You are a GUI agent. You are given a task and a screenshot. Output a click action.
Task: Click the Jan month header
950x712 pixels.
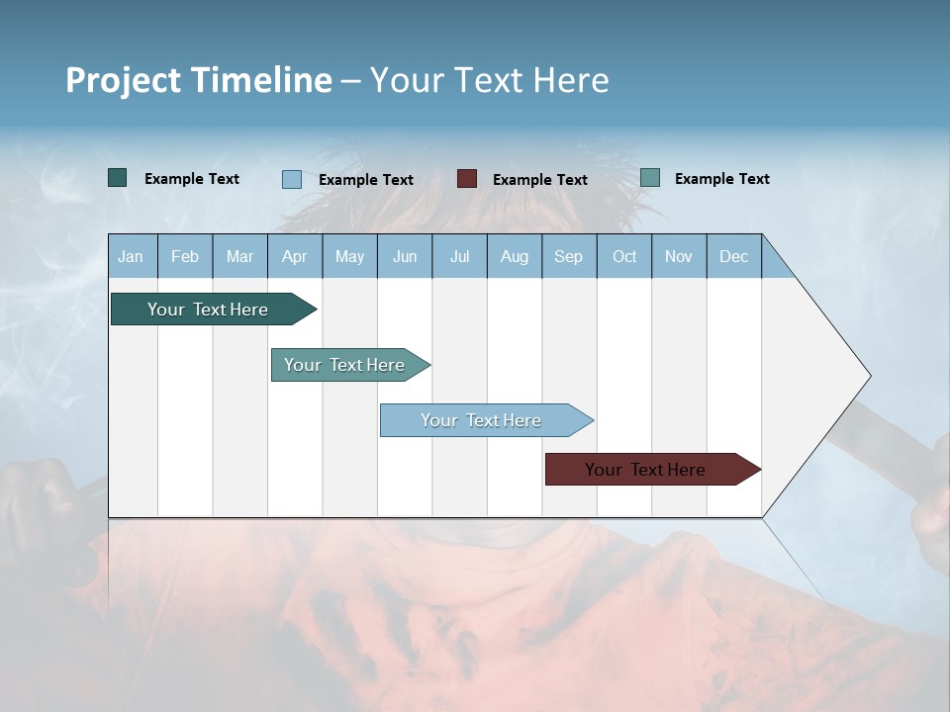click(x=131, y=257)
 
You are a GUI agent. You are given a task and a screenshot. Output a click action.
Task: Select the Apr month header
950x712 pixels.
click(x=294, y=257)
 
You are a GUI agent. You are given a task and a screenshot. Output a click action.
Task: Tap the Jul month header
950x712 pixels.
click(x=459, y=257)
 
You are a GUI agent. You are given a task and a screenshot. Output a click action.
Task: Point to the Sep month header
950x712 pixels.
click(x=568, y=257)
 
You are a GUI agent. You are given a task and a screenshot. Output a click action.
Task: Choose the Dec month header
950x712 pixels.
click(x=733, y=257)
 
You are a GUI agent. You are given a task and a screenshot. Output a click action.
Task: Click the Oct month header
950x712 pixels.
click(x=624, y=257)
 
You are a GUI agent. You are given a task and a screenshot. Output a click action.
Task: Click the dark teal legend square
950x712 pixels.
click(x=117, y=178)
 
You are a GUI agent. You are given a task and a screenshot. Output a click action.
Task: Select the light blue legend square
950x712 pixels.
click(x=291, y=179)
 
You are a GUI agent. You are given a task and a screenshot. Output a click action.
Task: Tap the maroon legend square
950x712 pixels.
click(x=466, y=179)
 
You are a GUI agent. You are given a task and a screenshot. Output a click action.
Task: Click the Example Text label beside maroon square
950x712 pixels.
click(x=540, y=180)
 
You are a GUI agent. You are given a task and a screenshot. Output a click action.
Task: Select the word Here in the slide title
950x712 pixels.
click(x=571, y=80)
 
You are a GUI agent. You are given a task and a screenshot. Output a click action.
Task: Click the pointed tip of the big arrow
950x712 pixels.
click(x=868, y=376)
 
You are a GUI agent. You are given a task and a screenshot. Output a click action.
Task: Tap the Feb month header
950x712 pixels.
click(x=185, y=257)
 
